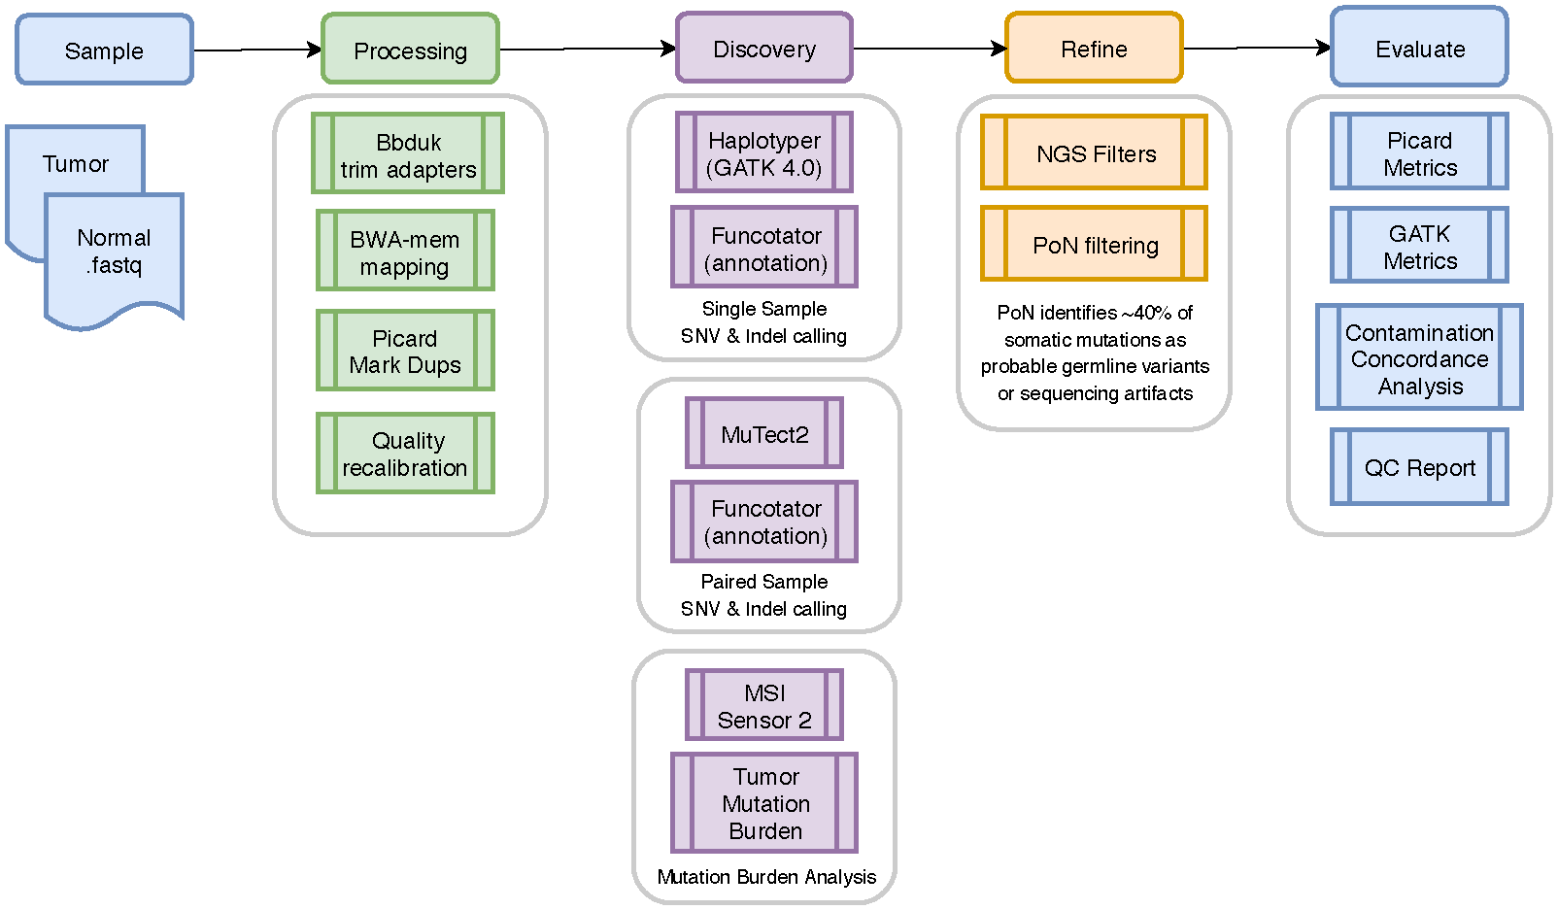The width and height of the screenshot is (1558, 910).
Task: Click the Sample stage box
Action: coord(104,50)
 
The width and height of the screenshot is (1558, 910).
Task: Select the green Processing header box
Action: coord(410,50)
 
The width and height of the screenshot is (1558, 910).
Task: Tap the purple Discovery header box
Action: coord(764,48)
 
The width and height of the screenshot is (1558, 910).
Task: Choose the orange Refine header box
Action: coord(1094,48)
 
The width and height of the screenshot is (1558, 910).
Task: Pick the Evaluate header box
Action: coord(1419,48)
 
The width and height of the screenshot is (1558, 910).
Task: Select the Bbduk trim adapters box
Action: coord(408,154)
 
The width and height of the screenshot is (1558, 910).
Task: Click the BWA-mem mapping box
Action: coord(405,252)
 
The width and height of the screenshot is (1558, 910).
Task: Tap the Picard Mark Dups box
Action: coord(405,351)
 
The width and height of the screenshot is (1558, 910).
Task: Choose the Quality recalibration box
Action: coord(405,454)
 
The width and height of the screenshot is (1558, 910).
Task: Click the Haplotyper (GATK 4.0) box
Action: coord(764,152)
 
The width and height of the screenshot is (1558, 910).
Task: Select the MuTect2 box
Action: coord(764,433)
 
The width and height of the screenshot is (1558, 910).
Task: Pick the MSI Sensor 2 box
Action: coord(764,705)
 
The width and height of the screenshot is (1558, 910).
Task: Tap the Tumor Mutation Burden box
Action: coord(764,803)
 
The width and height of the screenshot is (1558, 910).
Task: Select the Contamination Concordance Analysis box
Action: coord(1419,357)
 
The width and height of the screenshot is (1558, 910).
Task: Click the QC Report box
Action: coord(1419,467)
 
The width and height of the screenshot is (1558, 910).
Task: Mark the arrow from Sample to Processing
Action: coord(257,50)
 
